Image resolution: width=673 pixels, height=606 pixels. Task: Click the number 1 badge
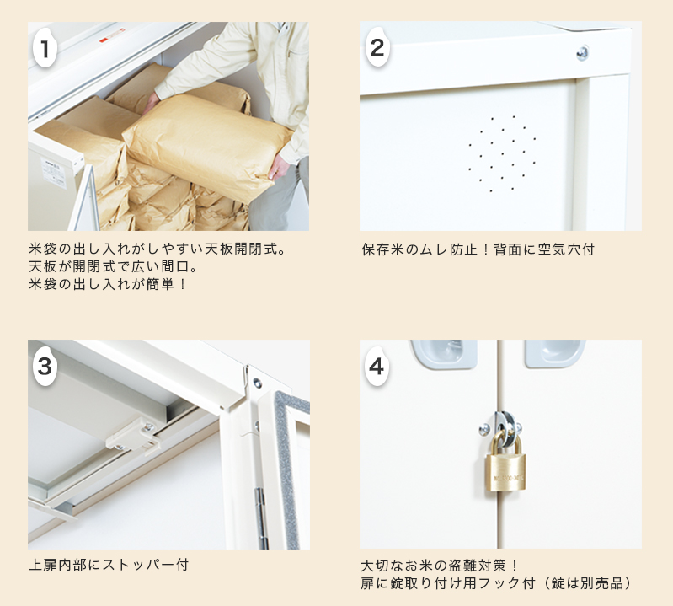click(45, 48)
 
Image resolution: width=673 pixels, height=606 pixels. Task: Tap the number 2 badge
click(377, 47)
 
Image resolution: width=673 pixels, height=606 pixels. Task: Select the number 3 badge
click(45, 367)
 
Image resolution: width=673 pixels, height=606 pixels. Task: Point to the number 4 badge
click(377, 367)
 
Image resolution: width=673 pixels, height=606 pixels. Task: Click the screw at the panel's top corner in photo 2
click(582, 53)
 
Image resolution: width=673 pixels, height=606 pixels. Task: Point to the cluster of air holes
click(502, 153)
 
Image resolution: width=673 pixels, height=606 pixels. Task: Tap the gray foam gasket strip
click(290, 464)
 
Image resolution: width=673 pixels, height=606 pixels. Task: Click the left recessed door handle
click(443, 353)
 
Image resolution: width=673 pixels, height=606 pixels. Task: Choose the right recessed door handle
click(554, 353)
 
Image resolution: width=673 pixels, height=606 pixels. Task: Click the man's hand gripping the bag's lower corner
click(279, 167)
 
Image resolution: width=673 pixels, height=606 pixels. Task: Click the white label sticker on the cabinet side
click(54, 174)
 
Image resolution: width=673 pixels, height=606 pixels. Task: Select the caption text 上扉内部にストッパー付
click(109, 565)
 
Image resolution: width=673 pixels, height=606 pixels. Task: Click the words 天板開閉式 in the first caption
click(240, 249)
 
